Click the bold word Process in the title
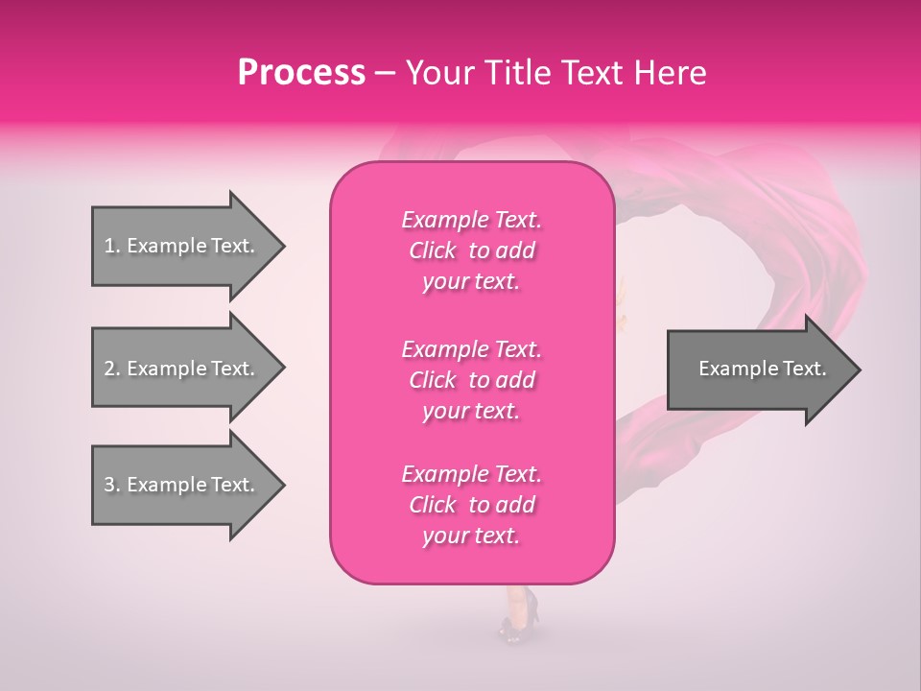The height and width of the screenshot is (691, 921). pyautogui.click(x=301, y=73)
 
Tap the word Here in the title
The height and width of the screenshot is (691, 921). pyautogui.click(x=669, y=73)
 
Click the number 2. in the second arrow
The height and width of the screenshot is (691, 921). pyautogui.click(x=112, y=369)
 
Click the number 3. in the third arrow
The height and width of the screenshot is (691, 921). pyautogui.click(x=112, y=485)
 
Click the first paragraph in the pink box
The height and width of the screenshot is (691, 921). pyautogui.click(x=471, y=250)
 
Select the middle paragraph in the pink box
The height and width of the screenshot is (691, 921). pyautogui.click(x=471, y=380)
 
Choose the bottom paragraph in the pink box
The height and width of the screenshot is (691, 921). pyautogui.click(x=471, y=505)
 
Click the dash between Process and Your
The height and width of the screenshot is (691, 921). pyautogui.click(x=386, y=73)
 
